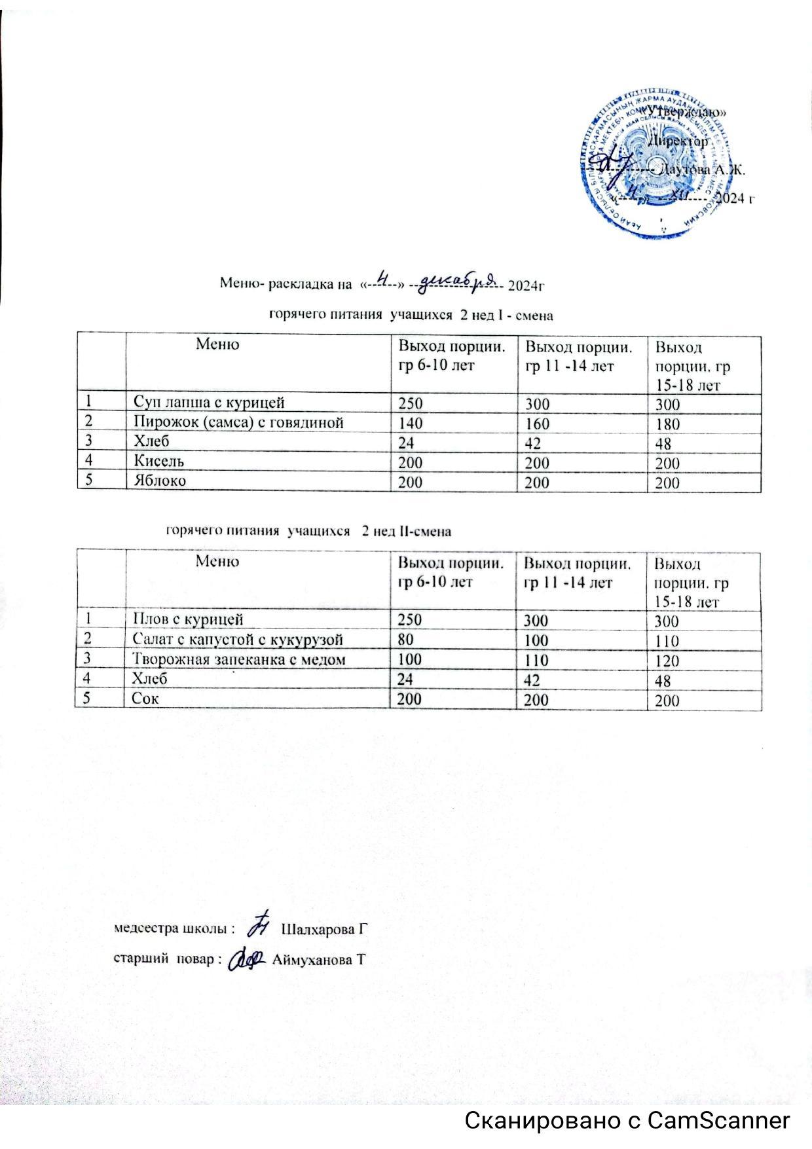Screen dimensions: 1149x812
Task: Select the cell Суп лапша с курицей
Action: point(209,402)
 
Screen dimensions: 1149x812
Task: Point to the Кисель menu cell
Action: point(159,461)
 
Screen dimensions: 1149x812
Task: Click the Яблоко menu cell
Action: point(160,481)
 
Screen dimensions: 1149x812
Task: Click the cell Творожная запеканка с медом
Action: point(238,659)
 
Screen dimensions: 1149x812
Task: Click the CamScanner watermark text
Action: point(627,1120)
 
